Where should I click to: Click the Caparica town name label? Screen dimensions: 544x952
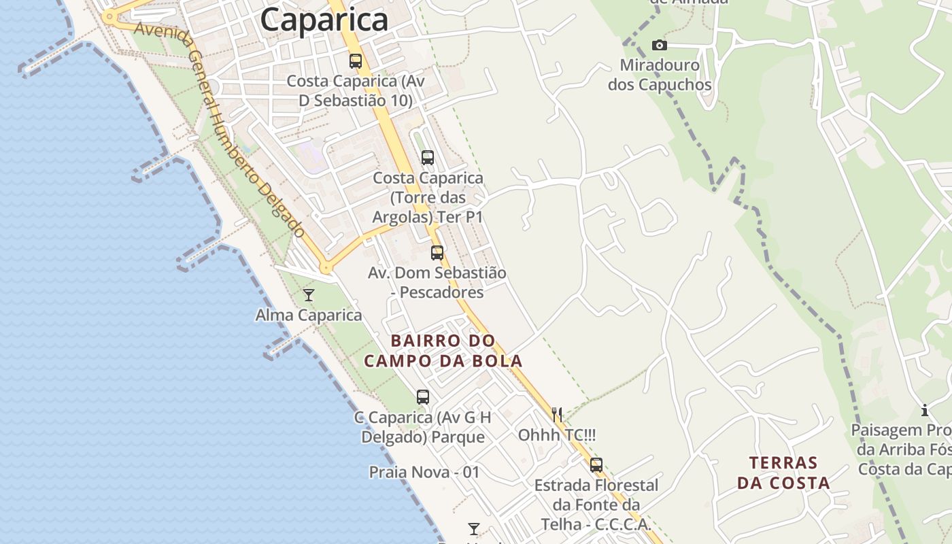pos(324,19)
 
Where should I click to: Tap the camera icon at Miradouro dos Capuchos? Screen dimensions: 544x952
pos(659,46)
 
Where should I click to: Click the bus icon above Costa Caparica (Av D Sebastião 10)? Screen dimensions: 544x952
pos(356,61)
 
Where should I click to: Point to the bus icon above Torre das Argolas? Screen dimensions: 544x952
pos(428,158)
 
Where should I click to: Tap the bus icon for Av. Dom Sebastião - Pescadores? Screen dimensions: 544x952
pos(437,253)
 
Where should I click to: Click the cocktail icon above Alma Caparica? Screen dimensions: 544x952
pos(309,294)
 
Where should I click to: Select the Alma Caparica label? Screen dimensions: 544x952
pos(309,316)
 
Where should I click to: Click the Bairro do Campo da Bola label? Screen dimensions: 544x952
pos(443,351)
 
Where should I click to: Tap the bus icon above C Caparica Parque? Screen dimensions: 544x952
pos(423,397)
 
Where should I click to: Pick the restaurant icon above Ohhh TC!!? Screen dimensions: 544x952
pos(557,414)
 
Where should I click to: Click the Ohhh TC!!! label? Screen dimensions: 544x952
pos(557,435)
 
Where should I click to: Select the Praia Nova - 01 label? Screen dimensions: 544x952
pos(424,472)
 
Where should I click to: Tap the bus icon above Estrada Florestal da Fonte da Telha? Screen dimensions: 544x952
pos(596,465)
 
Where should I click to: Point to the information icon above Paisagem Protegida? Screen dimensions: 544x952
pos(925,411)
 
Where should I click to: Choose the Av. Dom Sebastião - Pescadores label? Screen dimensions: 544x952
pos(437,282)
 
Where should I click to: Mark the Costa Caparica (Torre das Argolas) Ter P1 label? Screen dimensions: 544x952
pos(428,198)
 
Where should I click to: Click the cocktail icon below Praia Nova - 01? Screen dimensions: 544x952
pos(474,528)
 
